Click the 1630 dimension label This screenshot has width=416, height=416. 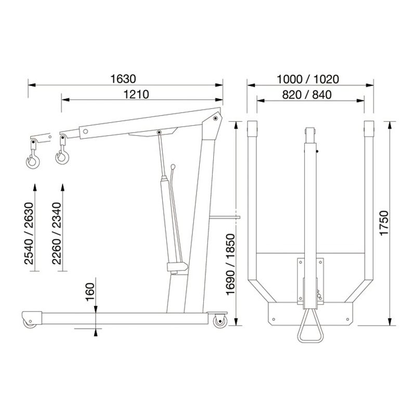click(123, 79)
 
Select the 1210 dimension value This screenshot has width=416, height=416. click(136, 94)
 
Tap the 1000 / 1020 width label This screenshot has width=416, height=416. click(308, 79)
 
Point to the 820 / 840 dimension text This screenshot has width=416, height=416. click(307, 95)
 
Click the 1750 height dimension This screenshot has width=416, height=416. click(384, 223)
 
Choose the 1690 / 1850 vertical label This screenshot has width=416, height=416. click(230, 264)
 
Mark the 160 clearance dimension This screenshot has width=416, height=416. click(90, 292)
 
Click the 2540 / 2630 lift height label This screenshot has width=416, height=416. click(29, 233)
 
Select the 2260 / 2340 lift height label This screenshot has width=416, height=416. click(57, 233)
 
